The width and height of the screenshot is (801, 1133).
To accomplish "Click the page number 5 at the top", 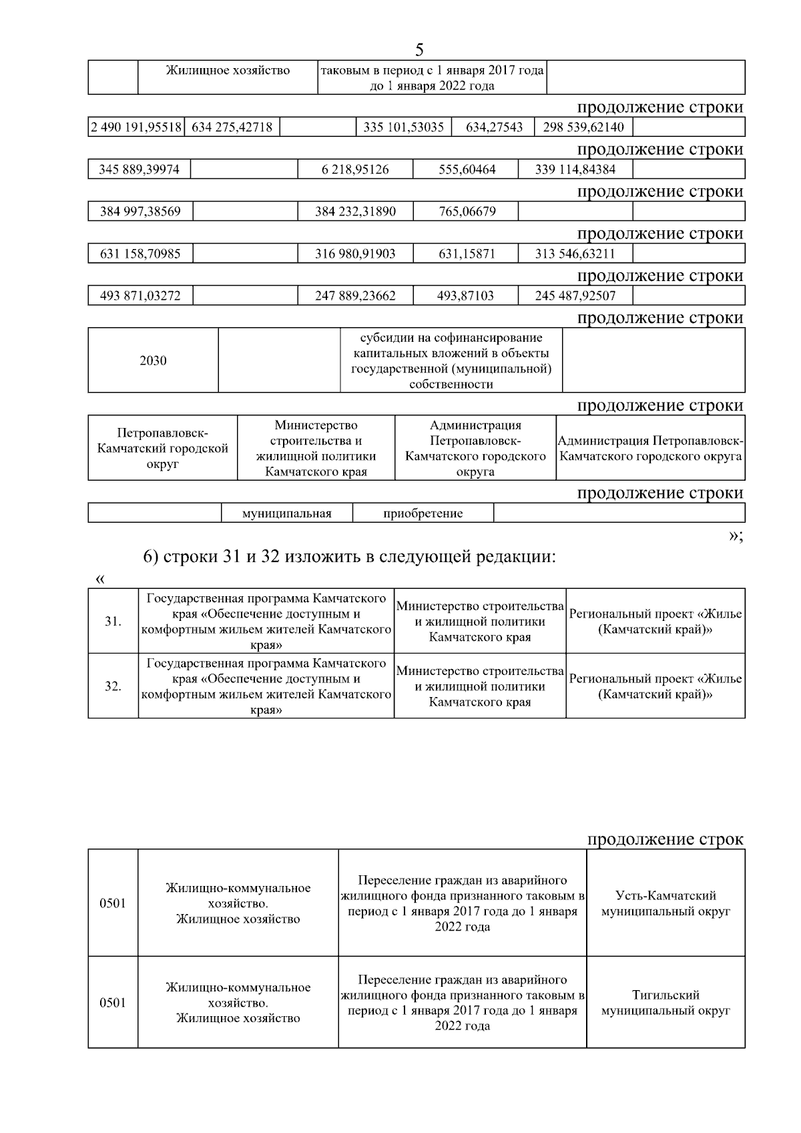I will tap(419, 50).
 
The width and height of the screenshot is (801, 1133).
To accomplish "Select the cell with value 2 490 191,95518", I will tap(136, 127).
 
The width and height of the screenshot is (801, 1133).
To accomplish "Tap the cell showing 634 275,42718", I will tap(232, 127).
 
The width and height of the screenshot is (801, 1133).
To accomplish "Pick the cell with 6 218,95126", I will tap(355, 170).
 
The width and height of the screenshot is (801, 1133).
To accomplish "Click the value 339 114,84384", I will tap(575, 170).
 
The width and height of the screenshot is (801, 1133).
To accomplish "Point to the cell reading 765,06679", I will tap(467, 212).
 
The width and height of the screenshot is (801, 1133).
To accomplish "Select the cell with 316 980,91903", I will tap(355, 254).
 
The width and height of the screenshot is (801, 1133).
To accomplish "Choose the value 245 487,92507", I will tap(575, 296).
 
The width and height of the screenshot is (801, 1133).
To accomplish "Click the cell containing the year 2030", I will tap(153, 361).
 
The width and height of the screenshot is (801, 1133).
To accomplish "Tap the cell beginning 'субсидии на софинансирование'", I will tap(451, 361).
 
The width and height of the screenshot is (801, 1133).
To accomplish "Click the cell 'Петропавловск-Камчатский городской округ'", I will tap(163, 448).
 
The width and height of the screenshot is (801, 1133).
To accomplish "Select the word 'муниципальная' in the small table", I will tap(286, 513).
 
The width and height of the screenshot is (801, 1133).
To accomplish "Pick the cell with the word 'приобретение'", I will tap(423, 513).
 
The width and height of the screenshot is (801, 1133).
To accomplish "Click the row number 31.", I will tap(113, 621).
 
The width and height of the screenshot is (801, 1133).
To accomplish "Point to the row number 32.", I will tap(113, 686).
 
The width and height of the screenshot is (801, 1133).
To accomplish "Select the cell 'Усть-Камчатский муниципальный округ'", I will tap(665, 903).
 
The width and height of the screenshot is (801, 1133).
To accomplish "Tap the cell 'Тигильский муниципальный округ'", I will tap(665, 1003).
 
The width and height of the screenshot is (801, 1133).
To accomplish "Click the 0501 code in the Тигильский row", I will tap(113, 1003).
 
